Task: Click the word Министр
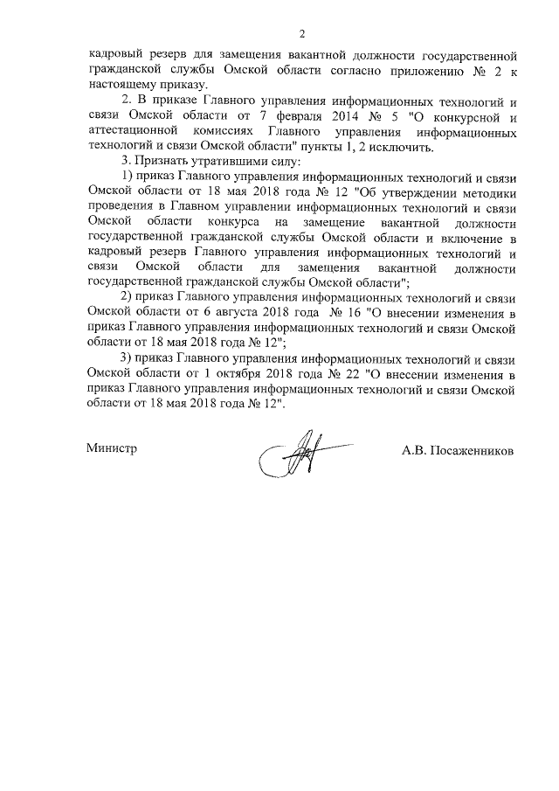[x=113, y=448]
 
